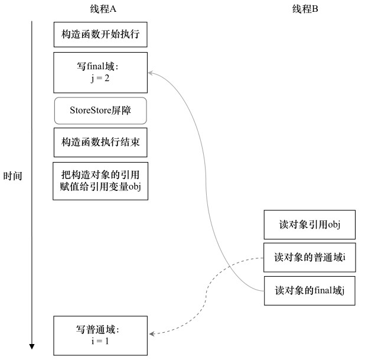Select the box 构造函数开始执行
pyautogui.click(x=100, y=35)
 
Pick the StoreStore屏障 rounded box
pyautogui.click(x=100, y=110)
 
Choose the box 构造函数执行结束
pyautogui.click(x=100, y=142)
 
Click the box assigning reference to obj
pyautogui.click(x=100, y=181)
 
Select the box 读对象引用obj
pyautogui.click(x=309, y=225)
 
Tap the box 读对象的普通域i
pyautogui.click(x=309, y=258)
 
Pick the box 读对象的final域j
pyautogui.click(x=309, y=291)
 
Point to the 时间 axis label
pyautogui.click(x=13, y=176)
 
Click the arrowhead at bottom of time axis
pyautogui.click(x=32, y=346)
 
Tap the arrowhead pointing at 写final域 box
pyautogui.click(x=151, y=72)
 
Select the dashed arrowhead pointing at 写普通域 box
pyautogui.click(x=151, y=334)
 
